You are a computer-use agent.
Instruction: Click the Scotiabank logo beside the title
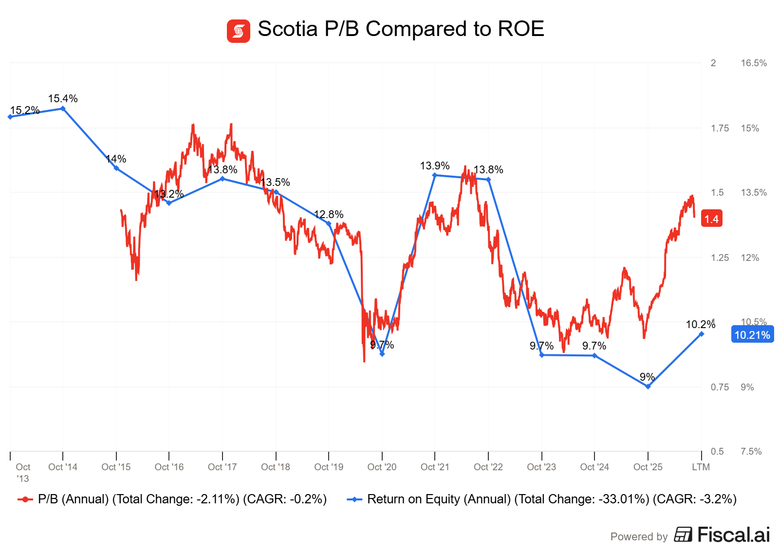click(238, 31)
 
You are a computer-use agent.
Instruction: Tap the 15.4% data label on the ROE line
click(63, 99)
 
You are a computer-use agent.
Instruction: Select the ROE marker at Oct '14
click(63, 109)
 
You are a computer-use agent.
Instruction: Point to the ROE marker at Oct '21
click(435, 175)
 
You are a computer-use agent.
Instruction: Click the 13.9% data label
click(435, 166)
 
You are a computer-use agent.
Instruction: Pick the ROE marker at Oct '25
click(648, 386)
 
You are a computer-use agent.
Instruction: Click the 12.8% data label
click(329, 215)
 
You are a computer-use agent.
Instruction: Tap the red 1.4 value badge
click(711, 219)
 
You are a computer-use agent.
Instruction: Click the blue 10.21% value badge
click(752, 335)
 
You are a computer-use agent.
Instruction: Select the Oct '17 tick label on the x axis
click(222, 467)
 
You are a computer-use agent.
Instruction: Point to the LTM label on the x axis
click(701, 467)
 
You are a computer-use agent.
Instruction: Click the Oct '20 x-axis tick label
click(382, 467)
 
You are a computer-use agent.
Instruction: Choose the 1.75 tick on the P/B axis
click(720, 129)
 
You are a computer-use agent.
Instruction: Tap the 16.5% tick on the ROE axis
click(754, 63)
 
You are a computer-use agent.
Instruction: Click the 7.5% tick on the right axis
click(751, 452)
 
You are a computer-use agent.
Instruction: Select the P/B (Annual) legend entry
click(172, 499)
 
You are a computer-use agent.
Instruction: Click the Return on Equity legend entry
click(541, 499)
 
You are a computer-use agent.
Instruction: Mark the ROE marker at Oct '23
click(541, 355)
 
